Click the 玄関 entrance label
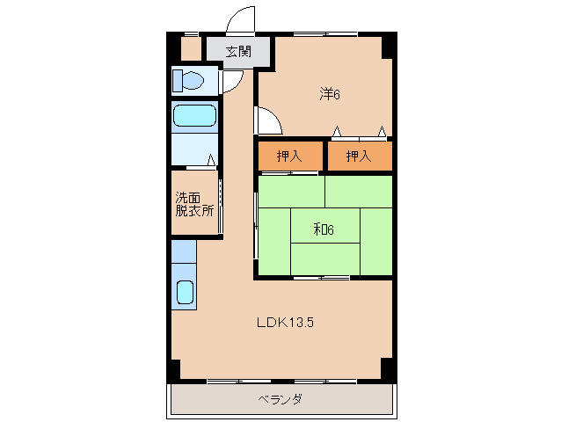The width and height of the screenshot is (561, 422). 237,51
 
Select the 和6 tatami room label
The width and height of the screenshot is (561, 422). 324,230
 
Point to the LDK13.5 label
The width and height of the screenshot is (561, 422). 285,323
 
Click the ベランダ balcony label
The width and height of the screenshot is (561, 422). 280,399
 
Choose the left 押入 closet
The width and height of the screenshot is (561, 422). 289,156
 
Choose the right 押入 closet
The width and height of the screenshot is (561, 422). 358,156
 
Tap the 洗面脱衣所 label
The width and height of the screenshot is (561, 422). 193,204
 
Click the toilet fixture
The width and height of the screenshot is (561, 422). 188,82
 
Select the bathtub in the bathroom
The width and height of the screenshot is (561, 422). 194,116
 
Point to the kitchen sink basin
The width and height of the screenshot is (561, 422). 185,291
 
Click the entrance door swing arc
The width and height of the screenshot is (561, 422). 237,19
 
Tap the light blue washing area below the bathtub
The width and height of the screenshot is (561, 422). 194,149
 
